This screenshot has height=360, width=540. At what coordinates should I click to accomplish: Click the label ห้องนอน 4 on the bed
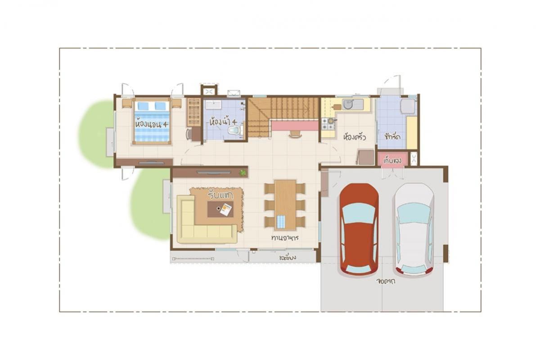(151, 123)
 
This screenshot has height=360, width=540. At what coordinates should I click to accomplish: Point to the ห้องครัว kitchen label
(354, 136)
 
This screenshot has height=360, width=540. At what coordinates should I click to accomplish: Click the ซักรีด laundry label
(392, 135)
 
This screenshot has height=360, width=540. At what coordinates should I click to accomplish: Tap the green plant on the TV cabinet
(243, 172)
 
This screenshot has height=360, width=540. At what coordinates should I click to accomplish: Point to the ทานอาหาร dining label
(285, 237)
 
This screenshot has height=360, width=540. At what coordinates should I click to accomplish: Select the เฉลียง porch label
(287, 258)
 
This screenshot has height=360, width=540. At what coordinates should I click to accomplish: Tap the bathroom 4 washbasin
(212, 105)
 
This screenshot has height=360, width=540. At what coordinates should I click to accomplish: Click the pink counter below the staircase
(295, 126)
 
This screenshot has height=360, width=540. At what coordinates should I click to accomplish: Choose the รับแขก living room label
(220, 195)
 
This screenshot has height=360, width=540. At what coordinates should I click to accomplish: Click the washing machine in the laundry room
(407, 106)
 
